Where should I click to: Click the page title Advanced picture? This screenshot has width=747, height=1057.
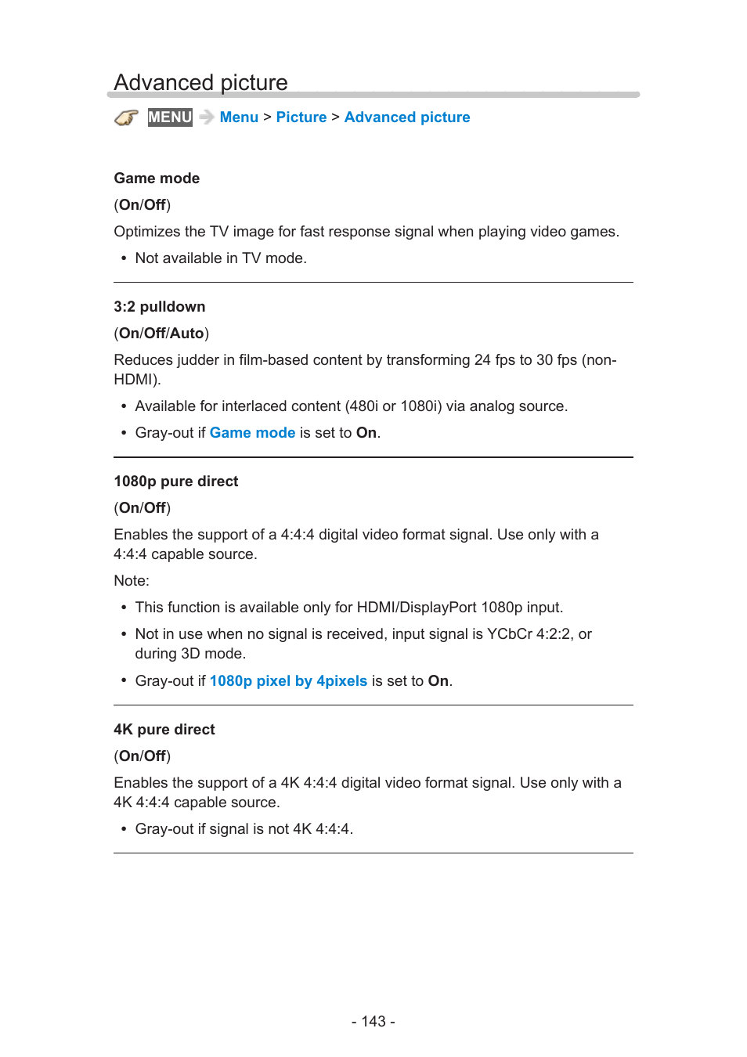click(x=200, y=82)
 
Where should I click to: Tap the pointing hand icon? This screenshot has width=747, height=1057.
click(x=126, y=117)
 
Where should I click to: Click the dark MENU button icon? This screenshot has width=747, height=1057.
click(x=170, y=117)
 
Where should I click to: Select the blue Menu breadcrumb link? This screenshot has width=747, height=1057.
click(x=239, y=117)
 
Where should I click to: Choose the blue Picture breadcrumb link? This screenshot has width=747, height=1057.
click(x=301, y=117)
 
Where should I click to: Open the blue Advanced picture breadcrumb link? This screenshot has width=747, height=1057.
click(x=407, y=117)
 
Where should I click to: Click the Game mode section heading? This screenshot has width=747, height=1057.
click(x=157, y=179)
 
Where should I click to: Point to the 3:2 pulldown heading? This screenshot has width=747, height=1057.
click(x=160, y=307)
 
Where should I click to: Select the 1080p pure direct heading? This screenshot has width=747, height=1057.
click(x=176, y=482)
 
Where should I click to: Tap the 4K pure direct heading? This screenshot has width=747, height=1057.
click(x=164, y=730)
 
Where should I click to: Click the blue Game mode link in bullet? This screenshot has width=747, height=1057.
click(x=252, y=433)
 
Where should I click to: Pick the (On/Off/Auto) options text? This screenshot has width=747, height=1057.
click(x=161, y=334)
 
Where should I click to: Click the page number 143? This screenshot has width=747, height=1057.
click(x=373, y=1022)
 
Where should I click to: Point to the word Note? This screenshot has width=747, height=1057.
click(x=132, y=581)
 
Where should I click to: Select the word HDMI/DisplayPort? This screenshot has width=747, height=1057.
click(x=417, y=608)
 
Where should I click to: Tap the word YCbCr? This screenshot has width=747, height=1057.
click(x=510, y=634)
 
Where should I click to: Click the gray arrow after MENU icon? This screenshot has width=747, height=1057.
click(x=207, y=117)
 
